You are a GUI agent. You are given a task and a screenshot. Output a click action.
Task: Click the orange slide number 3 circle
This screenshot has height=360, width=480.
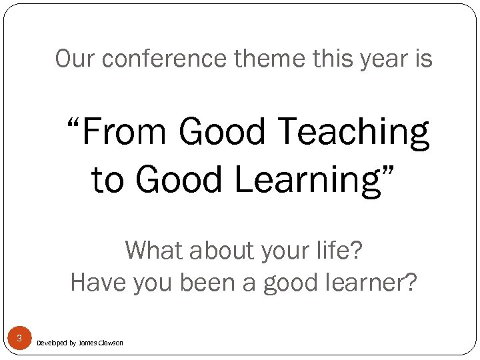click(19, 339)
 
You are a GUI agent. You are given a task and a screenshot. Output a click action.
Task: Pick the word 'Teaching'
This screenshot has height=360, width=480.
click(353, 131)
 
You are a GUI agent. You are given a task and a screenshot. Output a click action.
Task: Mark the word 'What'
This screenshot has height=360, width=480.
click(155, 251)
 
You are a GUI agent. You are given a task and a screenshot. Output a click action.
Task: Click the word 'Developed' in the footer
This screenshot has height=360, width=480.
click(51, 343)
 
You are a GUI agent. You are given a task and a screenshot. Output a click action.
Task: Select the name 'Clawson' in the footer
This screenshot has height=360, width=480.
click(111, 343)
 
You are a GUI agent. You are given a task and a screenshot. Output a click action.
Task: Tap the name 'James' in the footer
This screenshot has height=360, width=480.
click(87, 343)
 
